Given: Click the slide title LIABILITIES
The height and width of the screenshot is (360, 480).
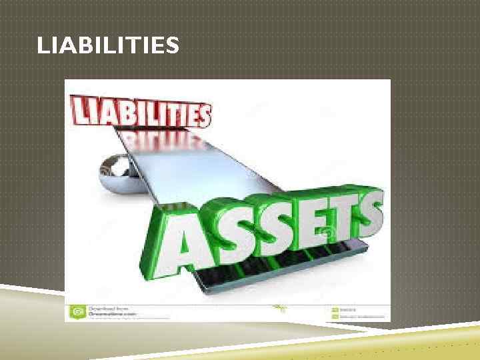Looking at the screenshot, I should tap(108, 46).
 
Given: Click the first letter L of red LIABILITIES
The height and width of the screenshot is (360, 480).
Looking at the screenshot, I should tap(79, 108).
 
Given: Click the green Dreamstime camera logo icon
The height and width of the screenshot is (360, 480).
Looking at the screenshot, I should tap(77, 311).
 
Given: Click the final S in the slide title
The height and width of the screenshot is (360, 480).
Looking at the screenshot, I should tap(173, 46).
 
